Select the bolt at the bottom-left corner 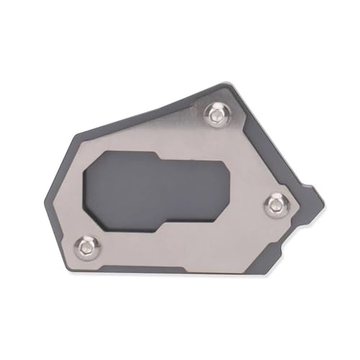tap(88, 246)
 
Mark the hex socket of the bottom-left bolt tap(88, 246)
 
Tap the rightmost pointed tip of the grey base tap(322, 193)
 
